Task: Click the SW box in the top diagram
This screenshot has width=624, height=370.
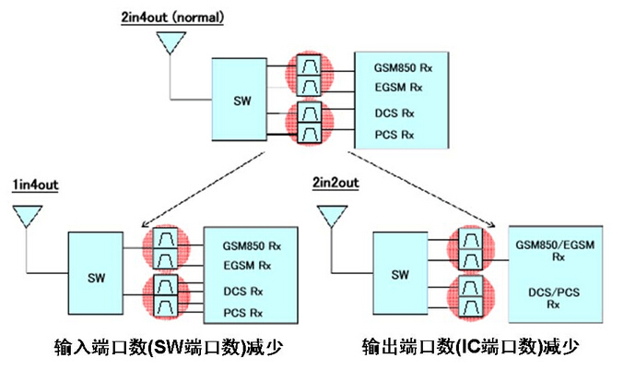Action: (x=238, y=99)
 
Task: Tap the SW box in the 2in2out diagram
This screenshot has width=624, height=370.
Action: (x=400, y=275)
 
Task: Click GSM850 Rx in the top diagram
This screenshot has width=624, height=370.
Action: (x=404, y=67)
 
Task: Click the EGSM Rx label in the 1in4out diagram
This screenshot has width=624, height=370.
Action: (x=247, y=266)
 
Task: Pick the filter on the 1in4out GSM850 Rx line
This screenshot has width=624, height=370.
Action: (x=166, y=244)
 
